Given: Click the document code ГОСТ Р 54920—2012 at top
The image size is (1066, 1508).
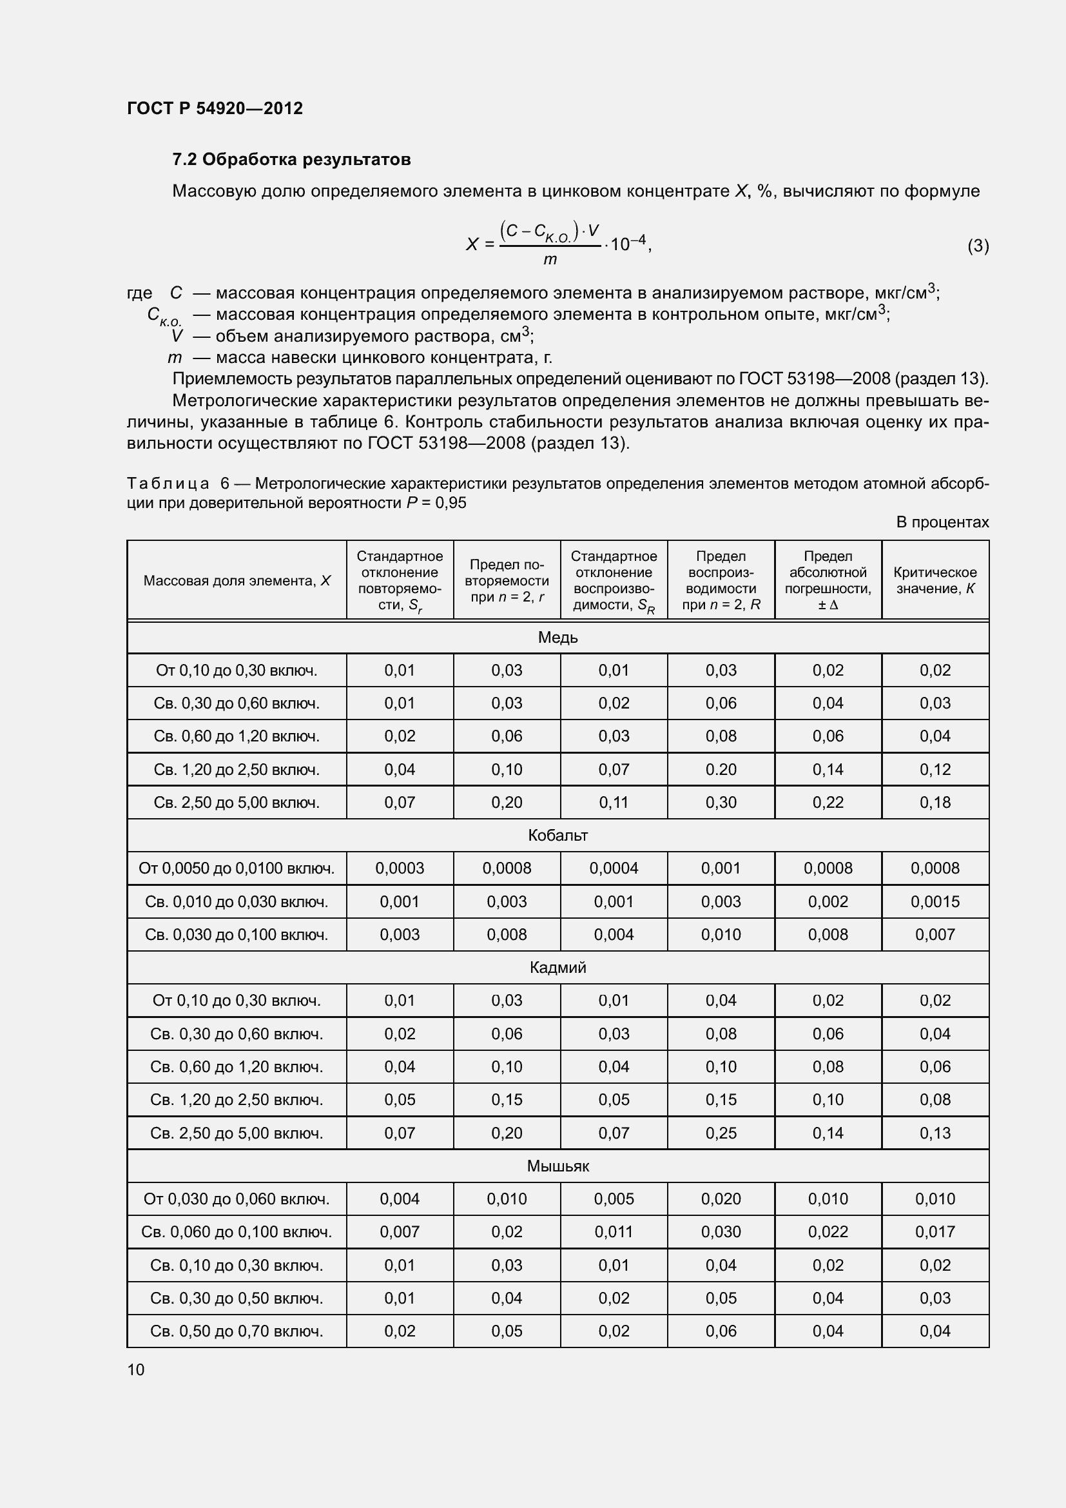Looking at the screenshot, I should pos(215,108).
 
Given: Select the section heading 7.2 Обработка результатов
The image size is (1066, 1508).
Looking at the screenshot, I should pos(291,160).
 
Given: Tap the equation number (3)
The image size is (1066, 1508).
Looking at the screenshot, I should pos(978,246).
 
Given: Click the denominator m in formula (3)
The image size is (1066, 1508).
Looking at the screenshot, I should pos(550,259).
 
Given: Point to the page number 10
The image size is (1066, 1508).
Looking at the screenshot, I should pos(136,1369).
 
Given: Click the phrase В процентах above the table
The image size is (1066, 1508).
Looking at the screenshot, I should pos(942,522).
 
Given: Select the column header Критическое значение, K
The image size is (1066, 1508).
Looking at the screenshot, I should pos(935,581).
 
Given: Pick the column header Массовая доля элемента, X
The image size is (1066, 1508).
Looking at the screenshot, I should pos(237,581).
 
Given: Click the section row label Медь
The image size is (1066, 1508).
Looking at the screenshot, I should pos(557,638).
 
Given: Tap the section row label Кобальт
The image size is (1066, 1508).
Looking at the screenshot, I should pos(557,836).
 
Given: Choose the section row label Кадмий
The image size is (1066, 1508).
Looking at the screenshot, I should pos(557,968).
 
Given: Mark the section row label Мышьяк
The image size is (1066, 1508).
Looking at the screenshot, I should pos(557,1166).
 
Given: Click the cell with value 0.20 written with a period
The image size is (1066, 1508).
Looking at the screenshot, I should pos(721,769).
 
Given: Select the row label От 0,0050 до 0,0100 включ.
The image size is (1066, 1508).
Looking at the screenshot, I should pos(237,868).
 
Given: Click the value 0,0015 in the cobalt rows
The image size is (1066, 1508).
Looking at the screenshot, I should pos(935,902).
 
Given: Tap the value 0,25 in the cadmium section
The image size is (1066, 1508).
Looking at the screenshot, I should pos(721,1133).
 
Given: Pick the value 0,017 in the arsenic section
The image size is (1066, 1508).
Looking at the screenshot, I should pos(935,1232).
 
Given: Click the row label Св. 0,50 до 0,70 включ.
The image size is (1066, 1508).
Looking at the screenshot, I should pos(237,1331).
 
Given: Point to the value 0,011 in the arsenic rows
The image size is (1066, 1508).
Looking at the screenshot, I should pos(614,1232).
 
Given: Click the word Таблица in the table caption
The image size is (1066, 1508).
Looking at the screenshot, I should pos(168,484).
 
